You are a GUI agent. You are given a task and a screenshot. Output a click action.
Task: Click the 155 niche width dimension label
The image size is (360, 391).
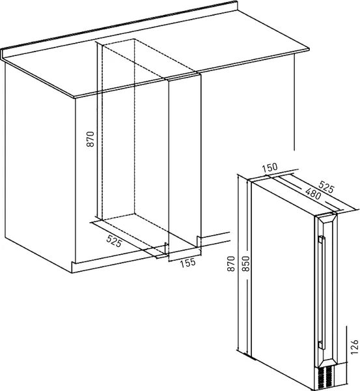click(188, 263)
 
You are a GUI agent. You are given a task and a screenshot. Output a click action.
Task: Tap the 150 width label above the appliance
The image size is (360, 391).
click(270, 167)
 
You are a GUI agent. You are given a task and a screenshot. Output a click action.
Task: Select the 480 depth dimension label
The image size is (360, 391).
click(313, 194)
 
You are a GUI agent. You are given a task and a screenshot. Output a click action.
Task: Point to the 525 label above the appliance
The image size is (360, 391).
click(326, 187)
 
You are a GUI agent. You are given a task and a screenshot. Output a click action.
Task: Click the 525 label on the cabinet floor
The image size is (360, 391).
click(114, 241)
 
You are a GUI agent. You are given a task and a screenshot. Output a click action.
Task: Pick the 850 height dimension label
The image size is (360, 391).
click(245, 263)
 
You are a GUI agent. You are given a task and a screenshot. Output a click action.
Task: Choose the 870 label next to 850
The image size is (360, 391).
click(231, 263)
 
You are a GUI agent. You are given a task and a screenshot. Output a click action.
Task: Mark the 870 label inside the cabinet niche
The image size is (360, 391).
click(90, 139)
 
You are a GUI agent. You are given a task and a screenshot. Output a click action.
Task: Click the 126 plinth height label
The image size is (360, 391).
click(354, 347)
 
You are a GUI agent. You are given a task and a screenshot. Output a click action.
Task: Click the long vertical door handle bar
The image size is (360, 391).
click(324, 293)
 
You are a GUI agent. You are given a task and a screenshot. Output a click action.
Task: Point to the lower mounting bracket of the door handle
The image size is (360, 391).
click(320, 345)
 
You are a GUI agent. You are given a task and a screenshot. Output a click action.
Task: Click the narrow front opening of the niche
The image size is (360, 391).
click(184, 162)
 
